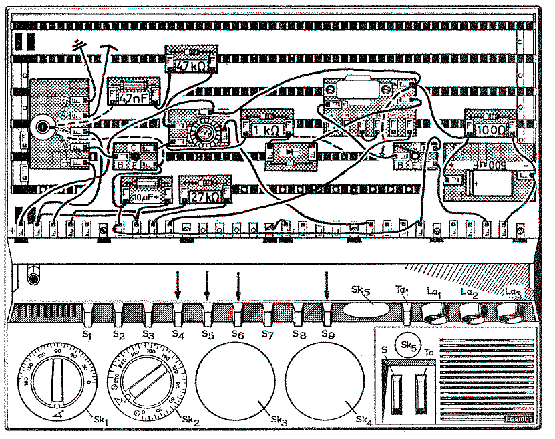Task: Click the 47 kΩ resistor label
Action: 191,65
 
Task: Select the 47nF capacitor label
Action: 134,98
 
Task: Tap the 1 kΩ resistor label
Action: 265,129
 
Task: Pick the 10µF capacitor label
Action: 144,196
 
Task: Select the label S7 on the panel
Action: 267,333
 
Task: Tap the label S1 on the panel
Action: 87,333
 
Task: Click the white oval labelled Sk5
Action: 366,310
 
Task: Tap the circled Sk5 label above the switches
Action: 407,345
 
